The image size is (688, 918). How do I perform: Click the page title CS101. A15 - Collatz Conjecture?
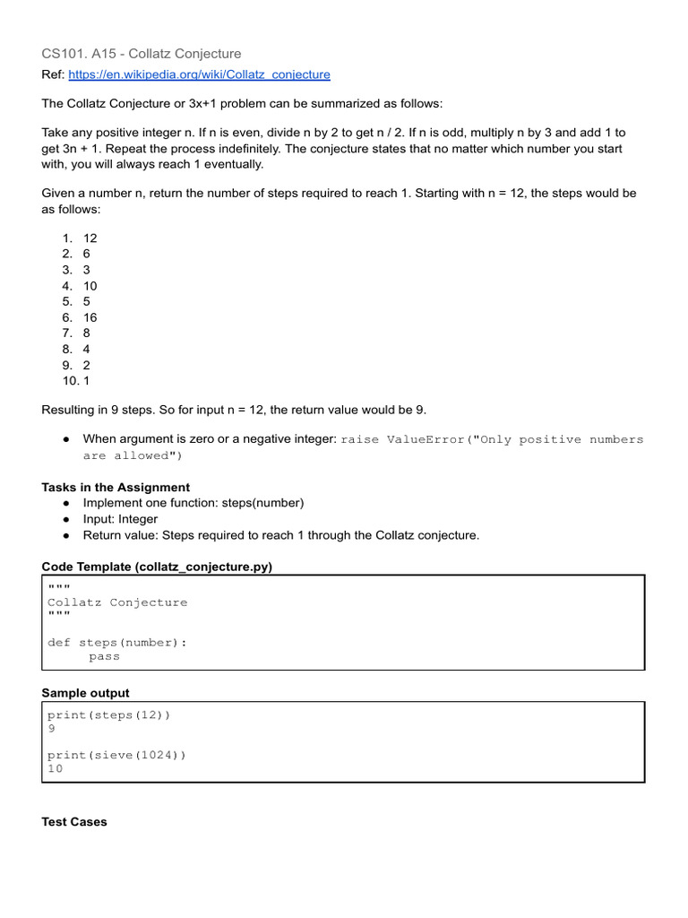pyautogui.click(x=142, y=54)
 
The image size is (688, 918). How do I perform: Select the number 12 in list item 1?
pyautogui.click(x=90, y=238)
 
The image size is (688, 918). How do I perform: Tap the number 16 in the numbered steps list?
pyautogui.click(x=90, y=317)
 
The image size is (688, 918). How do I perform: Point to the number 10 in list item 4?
pyautogui.click(x=90, y=286)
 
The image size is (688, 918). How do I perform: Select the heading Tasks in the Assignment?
pyautogui.click(x=116, y=487)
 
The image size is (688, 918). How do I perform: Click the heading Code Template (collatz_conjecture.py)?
pyautogui.click(x=157, y=567)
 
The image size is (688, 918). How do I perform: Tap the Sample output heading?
pyautogui.click(x=85, y=693)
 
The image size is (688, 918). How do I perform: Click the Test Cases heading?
pyautogui.click(x=74, y=821)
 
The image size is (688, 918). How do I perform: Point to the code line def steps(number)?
pyautogui.click(x=117, y=642)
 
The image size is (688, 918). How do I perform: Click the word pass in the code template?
pyautogui.click(x=104, y=656)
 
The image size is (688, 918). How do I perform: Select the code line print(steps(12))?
pyautogui.click(x=108, y=714)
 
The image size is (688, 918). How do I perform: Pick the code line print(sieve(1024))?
pyautogui.click(x=116, y=755)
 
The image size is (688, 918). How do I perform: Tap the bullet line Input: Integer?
pyautogui.click(x=120, y=519)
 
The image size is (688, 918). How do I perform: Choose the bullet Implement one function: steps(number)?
pyautogui.click(x=193, y=503)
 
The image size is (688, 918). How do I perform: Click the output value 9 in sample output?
pyautogui.click(x=51, y=729)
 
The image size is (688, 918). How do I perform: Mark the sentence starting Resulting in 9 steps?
pyautogui.click(x=234, y=410)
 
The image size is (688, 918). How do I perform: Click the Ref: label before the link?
pyautogui.click(x=54, y=74)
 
